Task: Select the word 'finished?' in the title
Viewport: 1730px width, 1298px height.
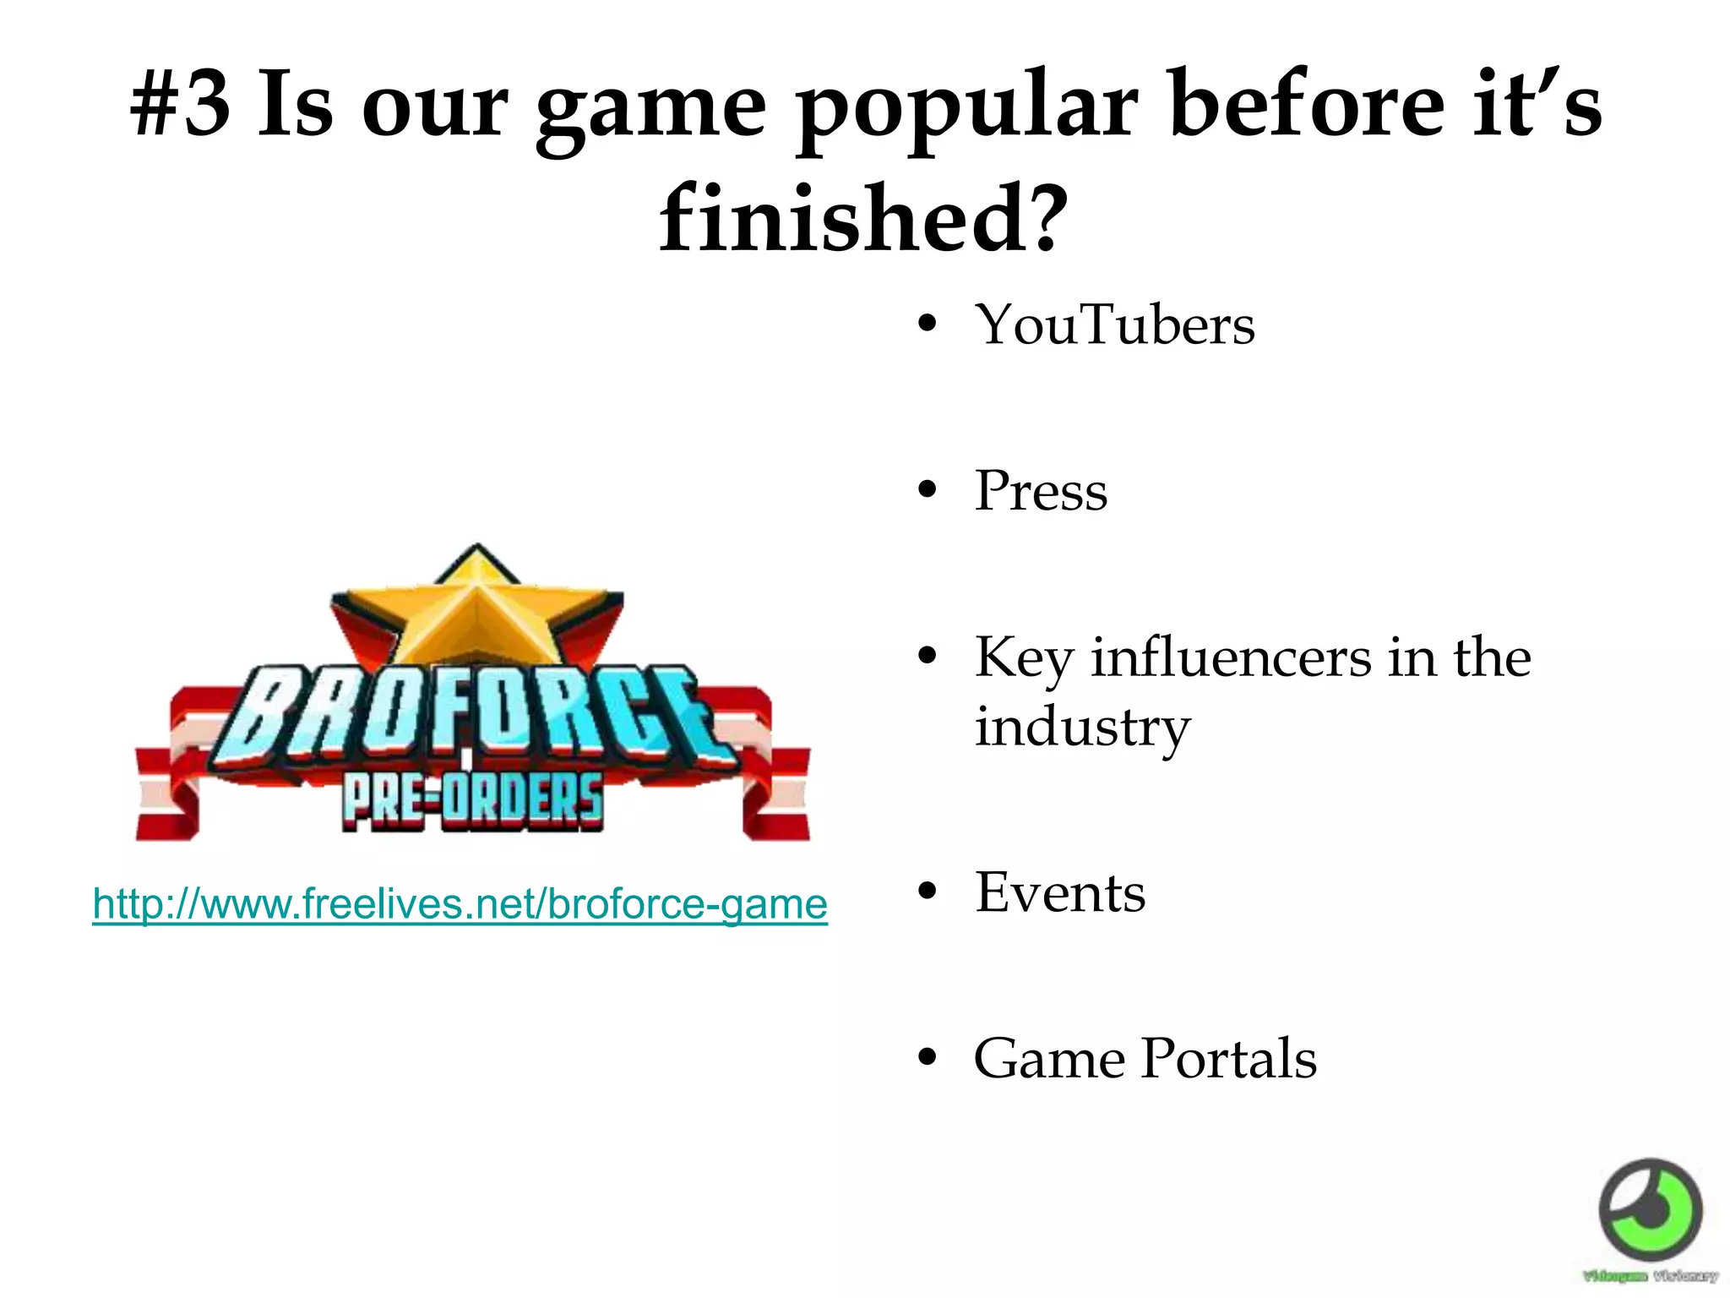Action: tap(863, 218)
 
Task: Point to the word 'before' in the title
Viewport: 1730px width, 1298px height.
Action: tap(1307, 106)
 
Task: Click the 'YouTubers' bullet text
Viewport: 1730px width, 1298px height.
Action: tap(1114, 325)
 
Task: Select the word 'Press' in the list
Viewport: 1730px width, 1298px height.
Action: tap(1041, 491)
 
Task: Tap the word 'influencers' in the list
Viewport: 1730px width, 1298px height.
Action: tap(1231, 657)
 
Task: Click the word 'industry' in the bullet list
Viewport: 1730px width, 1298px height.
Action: tap(1082, 728)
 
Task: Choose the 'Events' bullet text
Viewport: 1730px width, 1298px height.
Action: tap(1060, 893)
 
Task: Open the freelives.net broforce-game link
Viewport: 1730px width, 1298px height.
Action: tap(460, 904)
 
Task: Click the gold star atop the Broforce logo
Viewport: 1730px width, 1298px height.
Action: tap(477, 604)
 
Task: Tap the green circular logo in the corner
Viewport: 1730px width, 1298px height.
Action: tap(1650, 1211)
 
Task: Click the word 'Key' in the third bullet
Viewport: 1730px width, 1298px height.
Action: tap(1021, 657)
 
